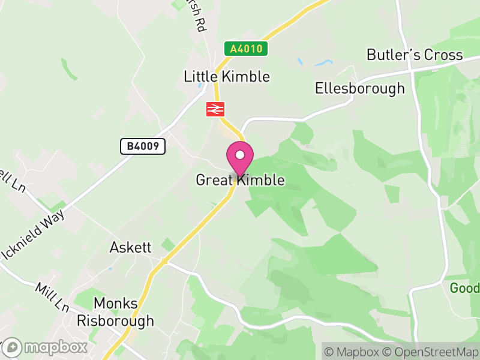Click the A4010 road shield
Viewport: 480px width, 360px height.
247,49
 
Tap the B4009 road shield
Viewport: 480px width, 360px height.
142,146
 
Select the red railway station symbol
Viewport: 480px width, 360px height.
215,109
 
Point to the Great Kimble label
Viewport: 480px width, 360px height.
240,180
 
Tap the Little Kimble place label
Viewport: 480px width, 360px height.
227,77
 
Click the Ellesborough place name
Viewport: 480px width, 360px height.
360,89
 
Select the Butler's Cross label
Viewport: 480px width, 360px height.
415,55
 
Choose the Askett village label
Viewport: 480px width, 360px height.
131,247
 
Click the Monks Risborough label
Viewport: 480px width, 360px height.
115,312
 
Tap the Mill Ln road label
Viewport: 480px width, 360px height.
53,297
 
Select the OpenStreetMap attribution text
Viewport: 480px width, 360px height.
430,351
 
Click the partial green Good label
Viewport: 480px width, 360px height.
466,288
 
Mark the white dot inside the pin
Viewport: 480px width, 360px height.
239,155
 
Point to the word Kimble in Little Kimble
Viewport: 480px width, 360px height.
246,77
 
